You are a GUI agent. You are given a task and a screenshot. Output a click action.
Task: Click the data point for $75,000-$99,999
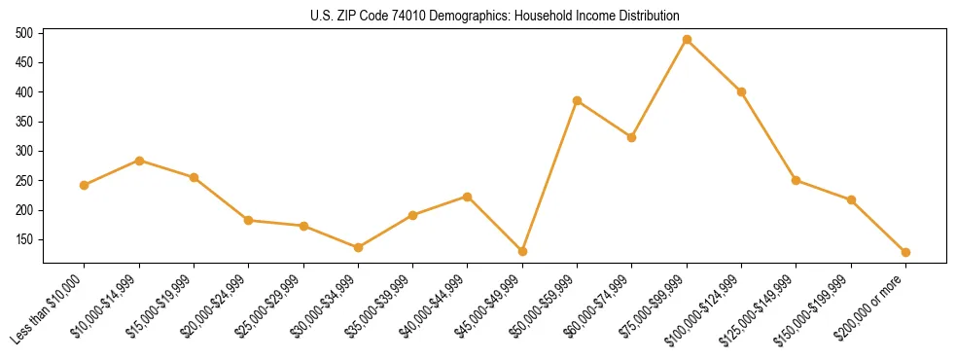pyautogui.click(x=687, y=40)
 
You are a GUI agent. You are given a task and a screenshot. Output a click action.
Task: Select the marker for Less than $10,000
pyautogui.click(x=85, y=185)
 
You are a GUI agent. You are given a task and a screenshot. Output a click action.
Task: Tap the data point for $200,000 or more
pyautogui.click(x=905, y=252)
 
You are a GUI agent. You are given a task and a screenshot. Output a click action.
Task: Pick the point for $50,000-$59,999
pyautogui.click(x=577, y=101)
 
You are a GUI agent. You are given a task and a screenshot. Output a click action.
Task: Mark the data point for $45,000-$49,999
pyautogui.click(x=522, y=251)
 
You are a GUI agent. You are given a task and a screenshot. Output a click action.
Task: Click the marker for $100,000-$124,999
pyautogui.click(x=741, y=91)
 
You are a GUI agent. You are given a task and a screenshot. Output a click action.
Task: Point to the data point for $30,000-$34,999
pyautogui.click(x=358, y=247)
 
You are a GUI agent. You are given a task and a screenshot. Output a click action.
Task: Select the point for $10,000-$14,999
pyautogui.click(x=139, y=161)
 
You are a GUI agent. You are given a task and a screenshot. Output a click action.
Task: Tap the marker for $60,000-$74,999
pyautogui.click(x=632, y=137)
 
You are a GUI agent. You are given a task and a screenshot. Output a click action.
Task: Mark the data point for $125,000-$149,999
pyautogui.click(x=797, y=180)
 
